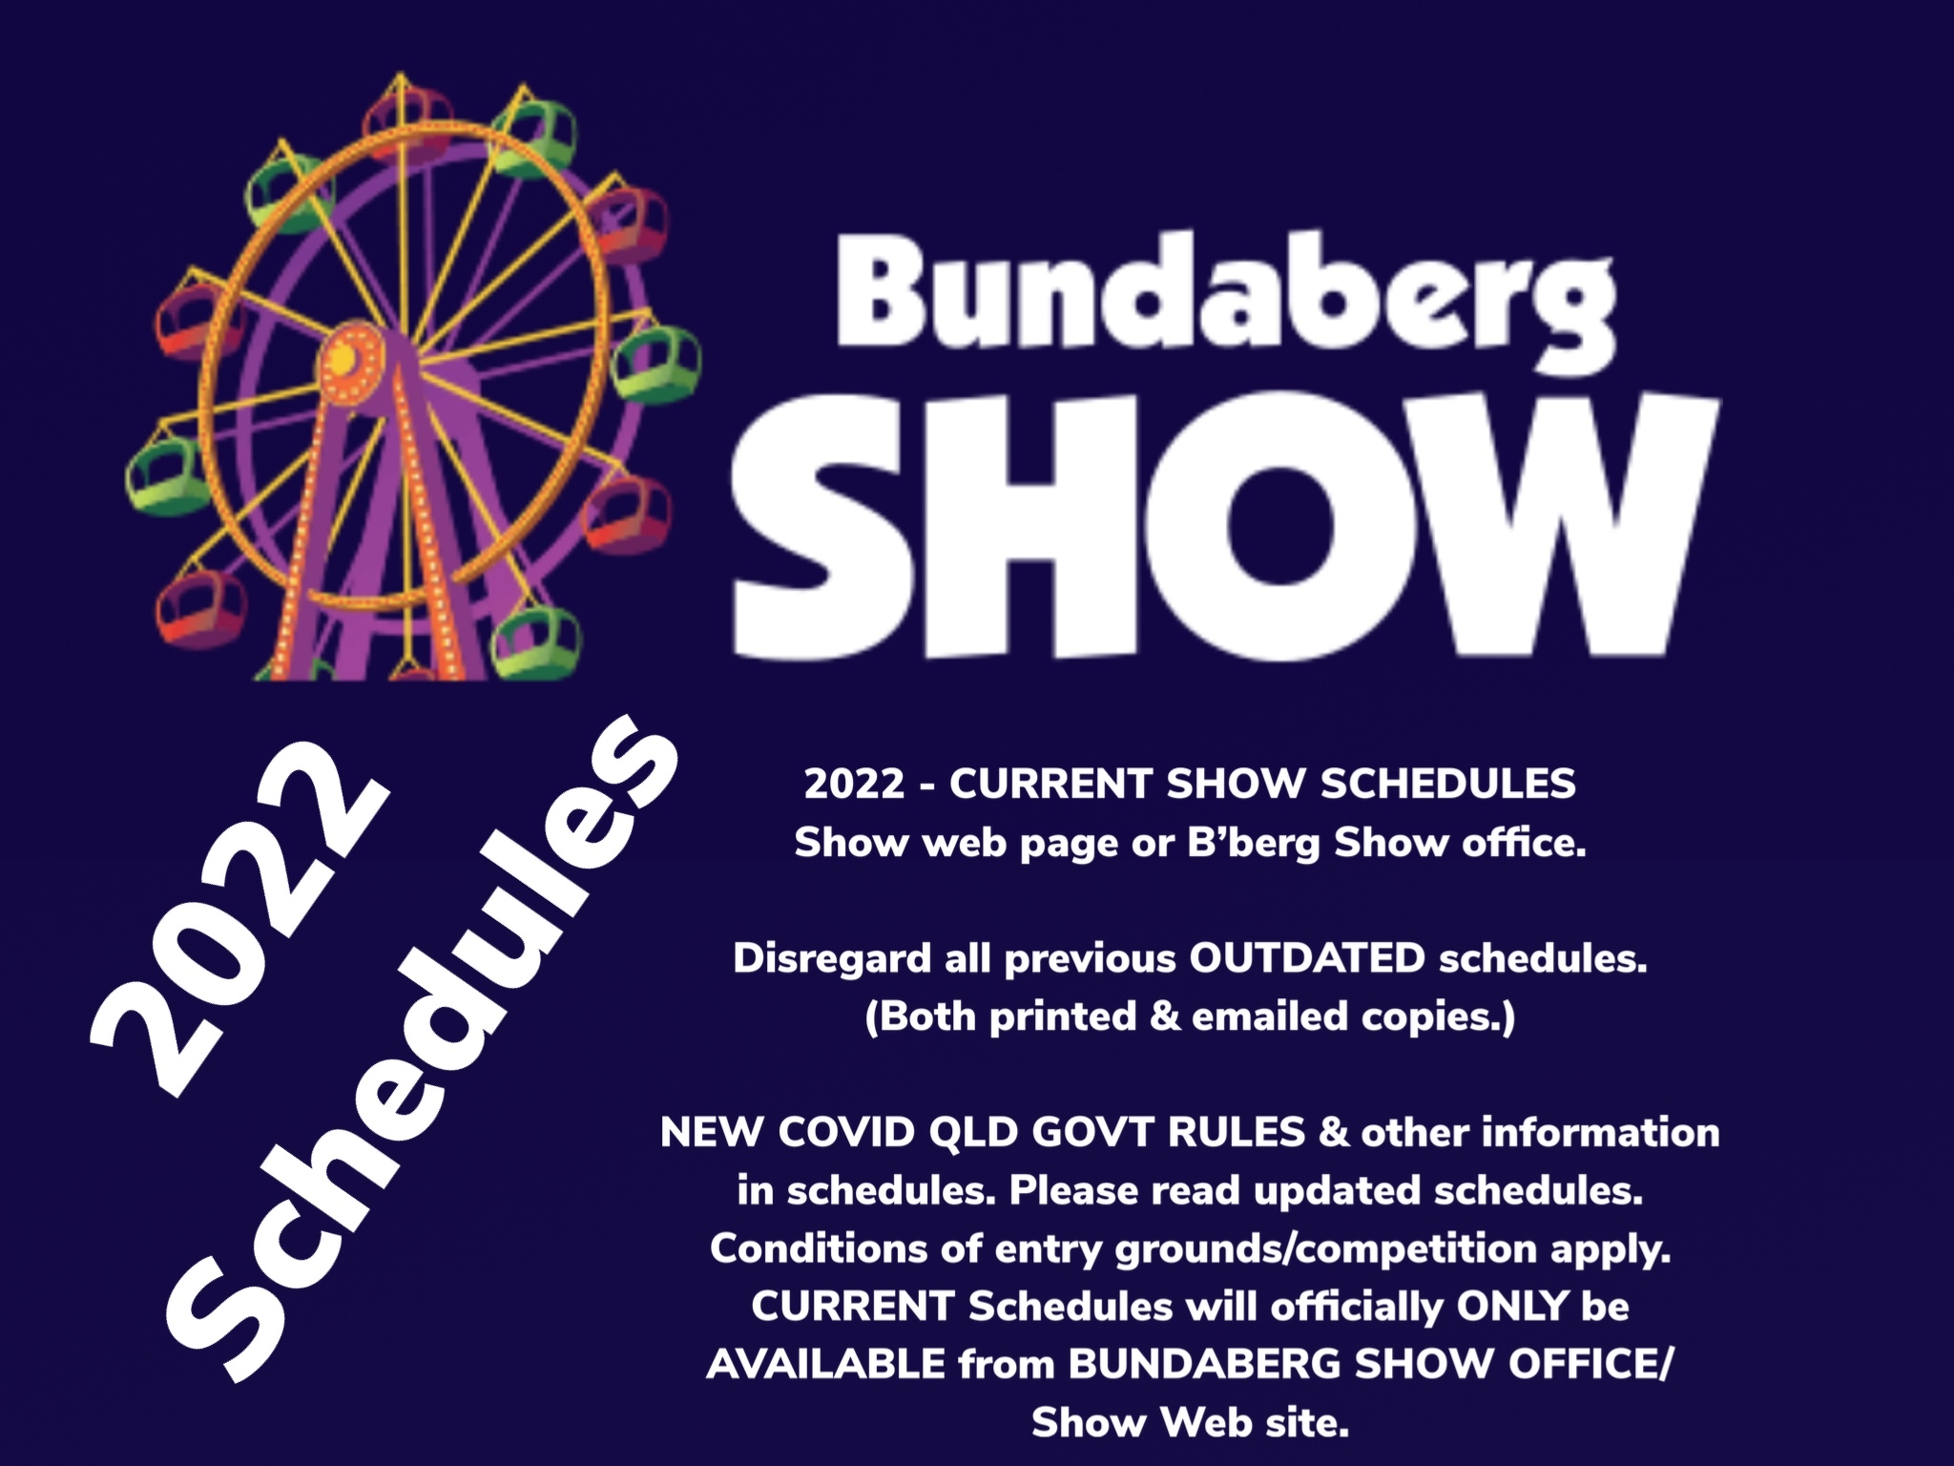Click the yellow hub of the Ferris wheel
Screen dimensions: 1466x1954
pyautogui.click(x=343, y=359)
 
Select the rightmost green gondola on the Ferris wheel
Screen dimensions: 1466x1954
pyautogui.click(x=658, y=363)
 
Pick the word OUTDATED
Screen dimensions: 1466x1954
pyautogui.click(x=1307, y=958)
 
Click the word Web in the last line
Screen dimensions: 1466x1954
pyautogui.click(x=1207, y=1423)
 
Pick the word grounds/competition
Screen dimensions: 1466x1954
pyautogui.click(x=1327, y=1249)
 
